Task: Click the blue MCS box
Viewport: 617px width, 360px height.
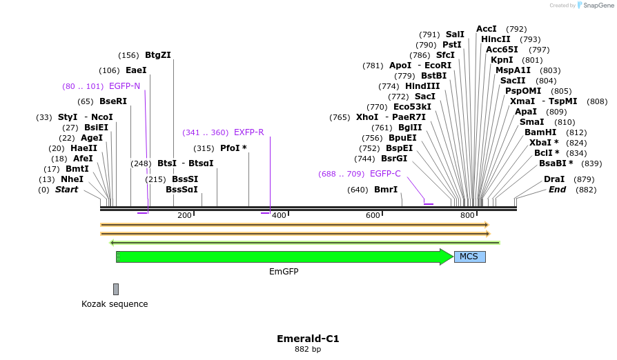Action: tap(469, 257)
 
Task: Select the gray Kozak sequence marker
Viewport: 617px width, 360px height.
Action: tap(116, 289)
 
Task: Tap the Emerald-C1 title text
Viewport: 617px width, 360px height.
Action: tap(308, 339)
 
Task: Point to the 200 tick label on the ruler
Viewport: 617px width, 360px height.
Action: tap(184, 216)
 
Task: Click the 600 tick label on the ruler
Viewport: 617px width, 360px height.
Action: tap(373, 216)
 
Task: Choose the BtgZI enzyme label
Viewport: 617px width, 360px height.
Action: tap(158, 55)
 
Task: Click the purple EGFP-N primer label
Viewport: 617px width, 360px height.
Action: tap(124, 86)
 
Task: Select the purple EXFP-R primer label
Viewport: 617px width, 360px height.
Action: tap(248, 132)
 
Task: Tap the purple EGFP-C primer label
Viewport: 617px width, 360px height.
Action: tap(385, 174)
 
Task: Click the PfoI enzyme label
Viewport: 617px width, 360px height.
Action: tap(233, 148)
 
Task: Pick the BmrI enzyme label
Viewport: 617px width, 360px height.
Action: tap(386, 190)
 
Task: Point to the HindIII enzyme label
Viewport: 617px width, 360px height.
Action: tap(422, 86)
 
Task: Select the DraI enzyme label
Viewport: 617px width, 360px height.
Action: tap(554, 179)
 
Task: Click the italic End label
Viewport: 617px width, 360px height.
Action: tap(557, 190)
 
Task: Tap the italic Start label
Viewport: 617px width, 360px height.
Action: tap(67, 190)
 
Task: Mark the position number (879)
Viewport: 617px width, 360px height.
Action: tap(585, 179)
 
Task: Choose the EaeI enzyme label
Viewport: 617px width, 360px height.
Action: tap(136, 70)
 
